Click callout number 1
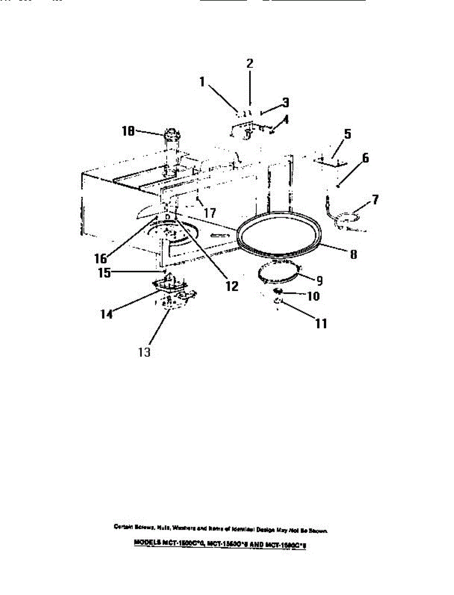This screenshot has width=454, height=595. pos(202,82)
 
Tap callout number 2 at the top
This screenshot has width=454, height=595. pos(250,63)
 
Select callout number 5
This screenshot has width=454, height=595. pos(347,134)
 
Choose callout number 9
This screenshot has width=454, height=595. pos(320,280)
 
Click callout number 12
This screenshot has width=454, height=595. pos(231,286)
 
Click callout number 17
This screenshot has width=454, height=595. pos(210,213)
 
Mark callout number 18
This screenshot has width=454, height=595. pos(128,131)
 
